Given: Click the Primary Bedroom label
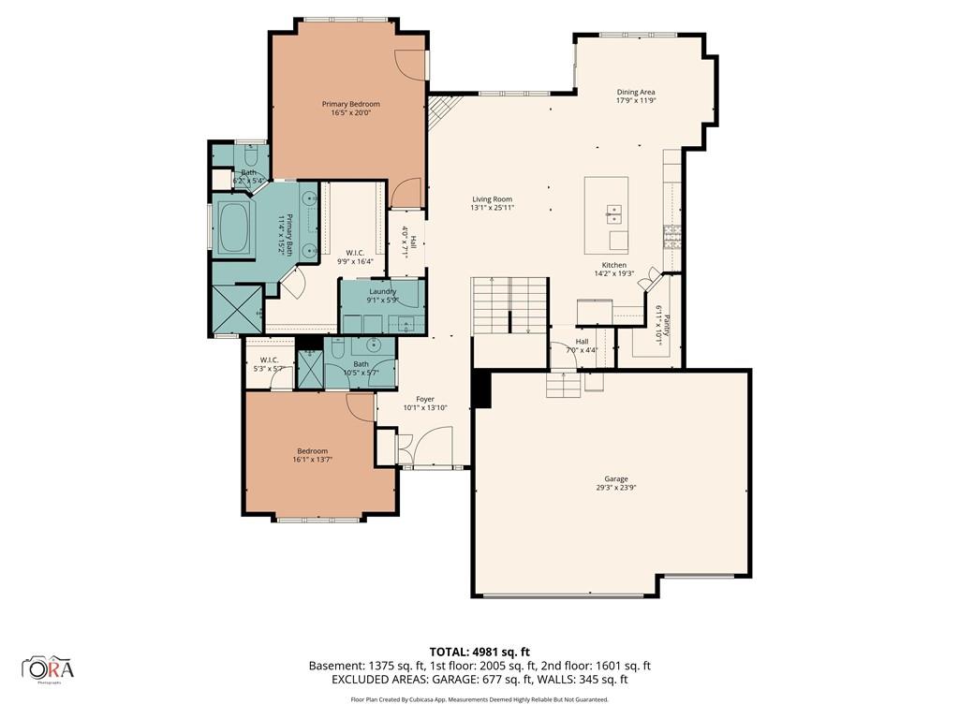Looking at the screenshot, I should click(351, 104).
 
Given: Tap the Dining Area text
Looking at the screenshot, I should click(635, 93).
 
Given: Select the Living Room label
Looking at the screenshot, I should click(492, 199).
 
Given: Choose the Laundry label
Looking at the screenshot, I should click(382, 291).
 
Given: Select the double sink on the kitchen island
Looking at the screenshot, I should click(614, 214).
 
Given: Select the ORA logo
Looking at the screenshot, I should click(49, 668).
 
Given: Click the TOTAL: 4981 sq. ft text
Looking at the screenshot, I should click(479, 652).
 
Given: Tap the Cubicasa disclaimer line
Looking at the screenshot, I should click(479, 699).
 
